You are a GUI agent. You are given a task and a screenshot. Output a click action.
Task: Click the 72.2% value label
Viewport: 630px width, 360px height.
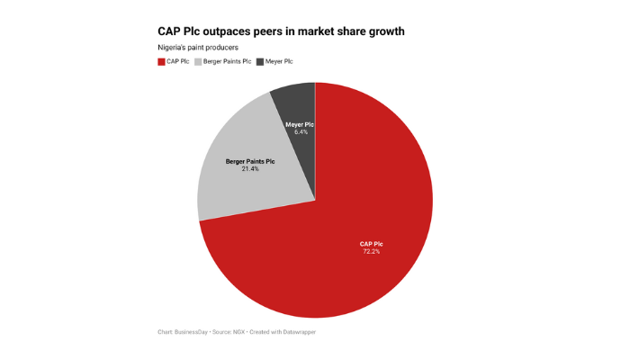pos(370,252)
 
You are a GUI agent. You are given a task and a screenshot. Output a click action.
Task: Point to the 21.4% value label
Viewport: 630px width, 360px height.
pos(250,168)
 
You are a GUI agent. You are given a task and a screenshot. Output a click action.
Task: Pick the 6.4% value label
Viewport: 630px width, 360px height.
pos(301,132)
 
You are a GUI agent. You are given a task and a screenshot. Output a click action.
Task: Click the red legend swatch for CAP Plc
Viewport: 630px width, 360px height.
pos(161,61)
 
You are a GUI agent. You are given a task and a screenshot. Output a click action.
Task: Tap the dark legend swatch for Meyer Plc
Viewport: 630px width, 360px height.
pos(260,61)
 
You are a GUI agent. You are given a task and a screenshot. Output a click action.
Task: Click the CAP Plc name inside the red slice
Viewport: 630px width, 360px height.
pos(370,244)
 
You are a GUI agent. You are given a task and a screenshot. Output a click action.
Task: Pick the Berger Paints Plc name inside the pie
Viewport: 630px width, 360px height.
pos(250,160)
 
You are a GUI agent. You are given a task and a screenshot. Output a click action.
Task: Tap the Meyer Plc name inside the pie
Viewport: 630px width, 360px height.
pos(301,124)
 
